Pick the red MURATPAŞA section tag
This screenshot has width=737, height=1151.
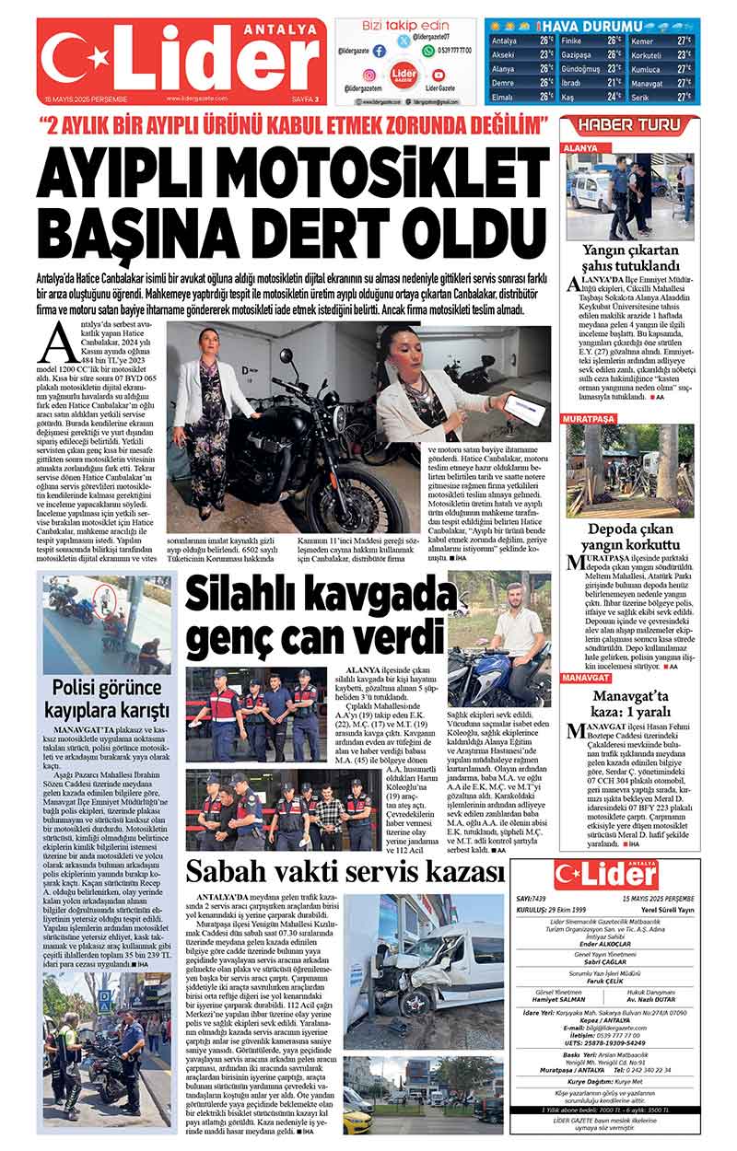[591, 418]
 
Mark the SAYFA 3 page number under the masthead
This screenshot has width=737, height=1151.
[303, 98]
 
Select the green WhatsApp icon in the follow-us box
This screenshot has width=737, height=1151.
[428, 52]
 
